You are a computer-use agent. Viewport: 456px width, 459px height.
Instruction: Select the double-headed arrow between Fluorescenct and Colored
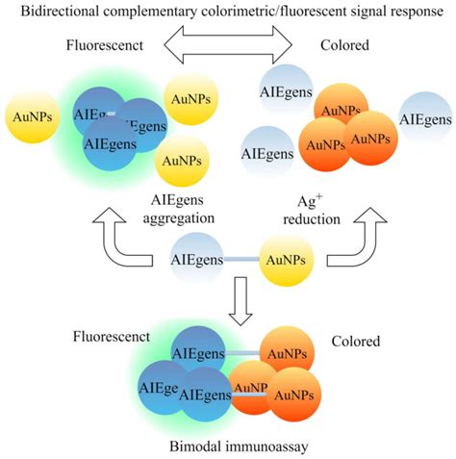(x=227, y=44)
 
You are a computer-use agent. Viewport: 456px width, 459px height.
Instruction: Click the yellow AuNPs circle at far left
(x=30, y=115)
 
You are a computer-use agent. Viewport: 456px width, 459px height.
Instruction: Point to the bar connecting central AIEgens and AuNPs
(x=241, y=258)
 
